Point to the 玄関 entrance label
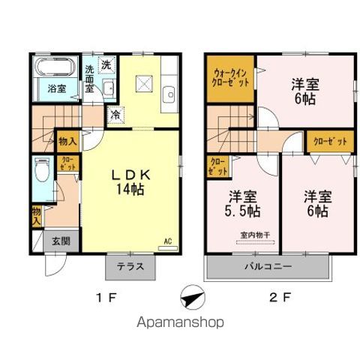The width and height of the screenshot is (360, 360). [61, 241]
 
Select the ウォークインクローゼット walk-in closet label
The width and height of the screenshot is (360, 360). [230, 78]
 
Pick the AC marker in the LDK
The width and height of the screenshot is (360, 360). [169, 241]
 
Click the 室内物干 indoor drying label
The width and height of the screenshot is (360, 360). [256, 235]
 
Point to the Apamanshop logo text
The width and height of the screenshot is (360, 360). [180, 324]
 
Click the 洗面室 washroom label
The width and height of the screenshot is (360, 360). [89, 78]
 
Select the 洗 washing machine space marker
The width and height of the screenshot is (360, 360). [107, 64]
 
